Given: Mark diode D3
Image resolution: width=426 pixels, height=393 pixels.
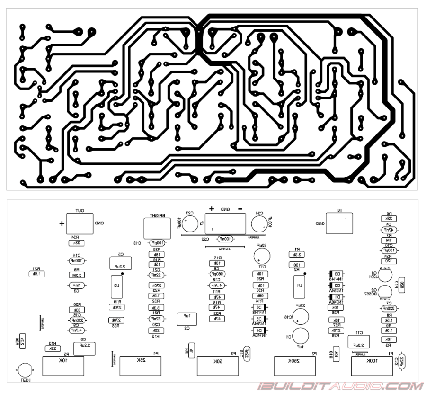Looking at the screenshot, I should pyautogui.click(x=336, y=274).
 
